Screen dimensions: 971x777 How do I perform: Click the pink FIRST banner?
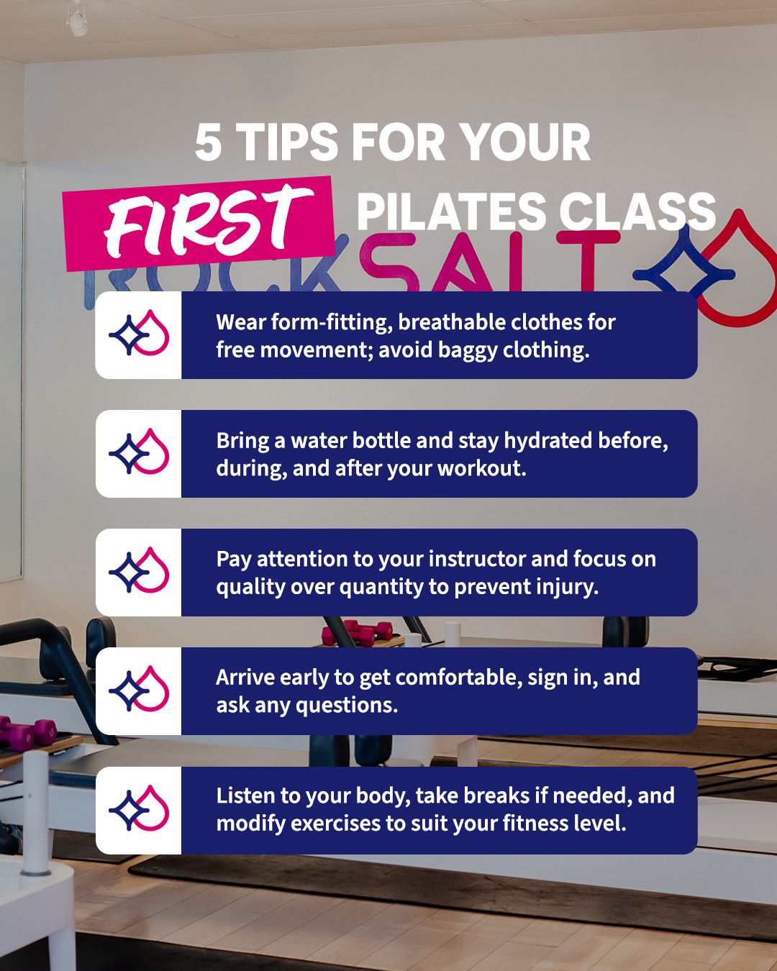199,223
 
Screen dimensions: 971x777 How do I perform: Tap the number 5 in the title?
208,142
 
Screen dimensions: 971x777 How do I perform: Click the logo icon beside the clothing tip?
139,334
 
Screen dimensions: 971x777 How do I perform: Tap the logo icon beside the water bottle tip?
139,453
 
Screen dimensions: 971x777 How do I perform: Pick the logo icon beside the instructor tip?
139,572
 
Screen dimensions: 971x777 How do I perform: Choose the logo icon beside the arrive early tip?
139,690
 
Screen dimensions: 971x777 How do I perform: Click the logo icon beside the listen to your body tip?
139,810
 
